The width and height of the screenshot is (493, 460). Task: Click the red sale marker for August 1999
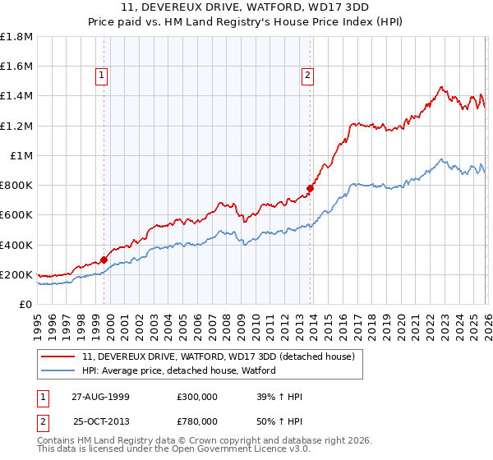[x=104, y=260]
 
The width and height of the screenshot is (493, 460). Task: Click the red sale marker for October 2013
[x=310, y=188]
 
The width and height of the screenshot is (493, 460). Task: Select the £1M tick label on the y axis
[x=21, y=155]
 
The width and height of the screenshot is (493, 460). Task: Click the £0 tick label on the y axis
[x=26, y=304]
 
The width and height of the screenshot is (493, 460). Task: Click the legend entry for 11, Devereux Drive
[x=218, y=356]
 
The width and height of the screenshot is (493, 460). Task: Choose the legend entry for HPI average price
[x=178, y=370]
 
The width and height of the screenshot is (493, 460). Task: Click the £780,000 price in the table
[x=196, y=421]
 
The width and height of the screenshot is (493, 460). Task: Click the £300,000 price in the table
[x=196, y=397]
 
